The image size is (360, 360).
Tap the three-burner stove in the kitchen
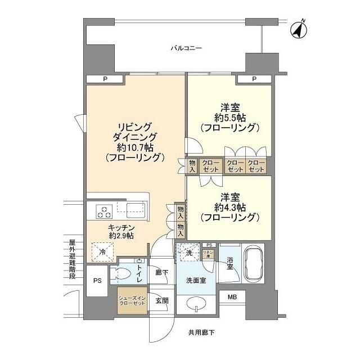pos(105,211)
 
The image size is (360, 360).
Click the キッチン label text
pos(121,227)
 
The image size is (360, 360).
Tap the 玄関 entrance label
pos(161,301)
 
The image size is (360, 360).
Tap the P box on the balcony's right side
pos(254,79)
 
